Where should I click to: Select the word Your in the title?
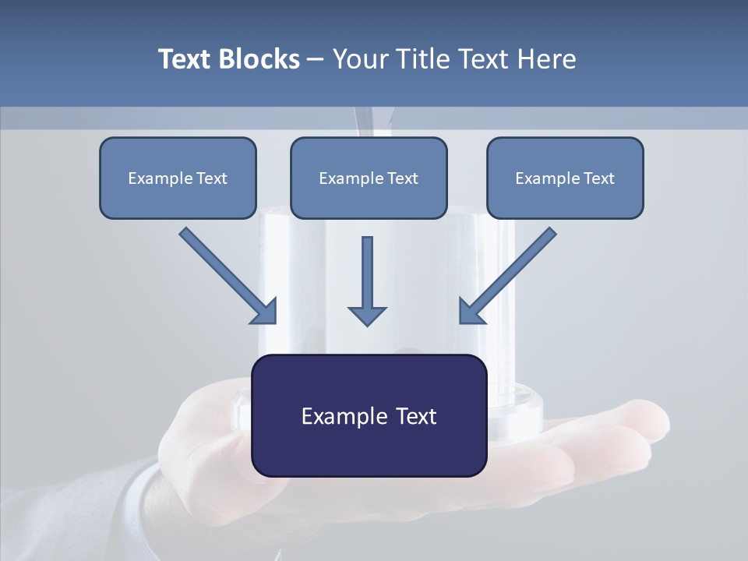pyautogui.click(x=359, y=59)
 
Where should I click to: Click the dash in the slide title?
pyautogui.click(x=316, y=60)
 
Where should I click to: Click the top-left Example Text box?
pyautogui.click(x=178, y=178)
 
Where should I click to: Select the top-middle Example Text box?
pyautogui.click(x=369, y=178)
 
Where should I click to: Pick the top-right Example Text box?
pyautogui.click(x=565, y=178)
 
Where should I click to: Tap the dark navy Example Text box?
pyautogui.click(x=369, y=415)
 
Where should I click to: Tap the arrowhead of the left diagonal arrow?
pyautogui.click(x=265, y=312)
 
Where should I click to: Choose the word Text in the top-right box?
pyautogui.click(x=599, y=178)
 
